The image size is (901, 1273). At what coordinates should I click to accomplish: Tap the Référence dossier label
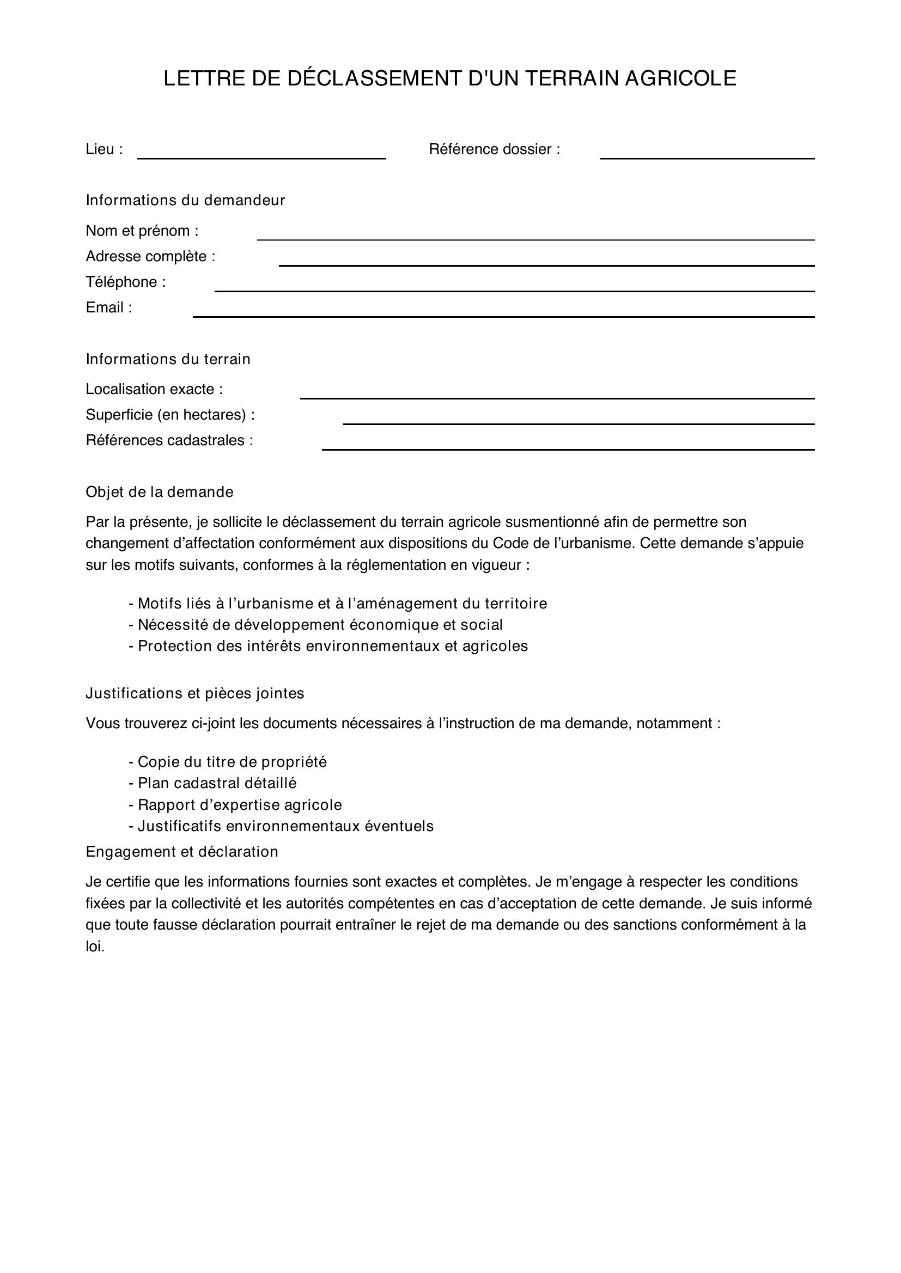pos(494,149)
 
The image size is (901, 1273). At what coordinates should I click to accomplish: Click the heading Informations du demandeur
pos(185,200)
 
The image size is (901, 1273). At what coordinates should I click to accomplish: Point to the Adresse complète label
pos(150,256)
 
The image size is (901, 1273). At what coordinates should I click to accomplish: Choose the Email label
pos(109,308)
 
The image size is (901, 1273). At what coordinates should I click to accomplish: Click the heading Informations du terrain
pos(168,359)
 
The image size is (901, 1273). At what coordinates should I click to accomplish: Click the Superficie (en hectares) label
pos(171,415)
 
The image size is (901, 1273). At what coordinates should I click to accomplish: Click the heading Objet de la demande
pos(160,492)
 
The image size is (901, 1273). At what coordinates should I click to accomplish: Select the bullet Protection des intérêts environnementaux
pos(328,646)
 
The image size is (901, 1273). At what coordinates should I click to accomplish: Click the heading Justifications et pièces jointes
pos(194,693)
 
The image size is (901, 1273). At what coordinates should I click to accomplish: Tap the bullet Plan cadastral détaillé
pos(213,783)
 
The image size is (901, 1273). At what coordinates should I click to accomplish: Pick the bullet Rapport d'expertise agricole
pos(236,804)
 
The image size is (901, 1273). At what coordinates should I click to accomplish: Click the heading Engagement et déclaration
pos(182,852)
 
